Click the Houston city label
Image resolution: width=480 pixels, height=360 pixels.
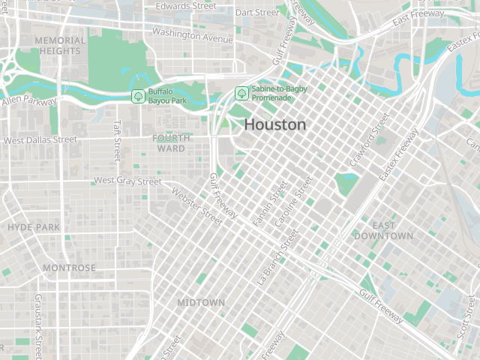pyautogui.click(x=275, y=124)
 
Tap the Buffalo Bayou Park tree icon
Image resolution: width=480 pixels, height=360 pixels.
pyautogui.click(x=138, y=96)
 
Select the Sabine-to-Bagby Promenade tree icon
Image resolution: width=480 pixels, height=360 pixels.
pyautogui.click(x=241, y=93)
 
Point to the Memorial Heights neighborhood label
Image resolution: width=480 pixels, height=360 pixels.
pyautogui.click(x=60, y=45)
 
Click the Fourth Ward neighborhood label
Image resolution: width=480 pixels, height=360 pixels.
pyautogui.click(x=171, y=142)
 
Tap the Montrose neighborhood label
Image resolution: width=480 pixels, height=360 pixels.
pyautogui.click(x=69, y=268)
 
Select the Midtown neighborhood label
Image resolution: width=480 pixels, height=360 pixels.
pyautogui.click(x=201, y=302)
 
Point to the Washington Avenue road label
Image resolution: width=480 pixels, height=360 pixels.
pyautogui.click(x=193, y=34)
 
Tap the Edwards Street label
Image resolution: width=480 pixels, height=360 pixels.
pyautogui.click(x=185, y=6)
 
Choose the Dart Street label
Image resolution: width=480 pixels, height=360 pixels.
pyautogui.click(x=257, y=13)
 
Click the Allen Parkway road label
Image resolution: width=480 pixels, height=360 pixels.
pyautogui.click(x=28, y=100)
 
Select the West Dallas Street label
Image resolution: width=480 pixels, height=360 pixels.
pyautogui.click(x=40, y=139)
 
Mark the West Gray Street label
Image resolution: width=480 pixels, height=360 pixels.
pyautogui.click(x=127, y=181)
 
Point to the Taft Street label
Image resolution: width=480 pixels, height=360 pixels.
pyautogui.click(x=116, y=141)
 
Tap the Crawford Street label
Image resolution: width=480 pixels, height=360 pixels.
pyautogui.click(x=370, y=140)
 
